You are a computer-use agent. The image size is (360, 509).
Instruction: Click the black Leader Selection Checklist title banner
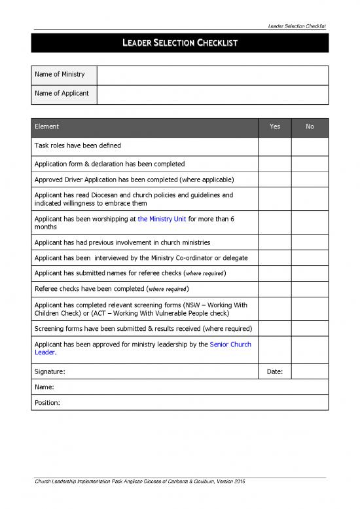coord(179,43)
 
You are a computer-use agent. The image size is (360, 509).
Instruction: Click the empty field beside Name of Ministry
coord(212,75)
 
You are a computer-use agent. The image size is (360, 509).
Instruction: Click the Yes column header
coord(275,127)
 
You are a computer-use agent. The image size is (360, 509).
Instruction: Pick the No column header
coord(310,127)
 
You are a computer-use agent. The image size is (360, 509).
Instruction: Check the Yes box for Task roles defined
coord(275,146)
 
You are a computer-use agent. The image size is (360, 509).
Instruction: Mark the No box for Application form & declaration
coord(310,164)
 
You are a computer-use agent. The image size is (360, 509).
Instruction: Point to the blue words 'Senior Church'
coord(230,344)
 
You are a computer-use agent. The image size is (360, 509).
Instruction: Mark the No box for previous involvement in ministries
coord(310,242)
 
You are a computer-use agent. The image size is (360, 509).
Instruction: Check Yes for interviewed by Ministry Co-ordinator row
coord(275,258)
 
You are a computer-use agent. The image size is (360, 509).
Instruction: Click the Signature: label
coord(50,371)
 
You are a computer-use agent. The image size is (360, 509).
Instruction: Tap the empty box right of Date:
coord(310,371)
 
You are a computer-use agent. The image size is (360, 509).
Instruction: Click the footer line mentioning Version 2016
coord(139,482)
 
